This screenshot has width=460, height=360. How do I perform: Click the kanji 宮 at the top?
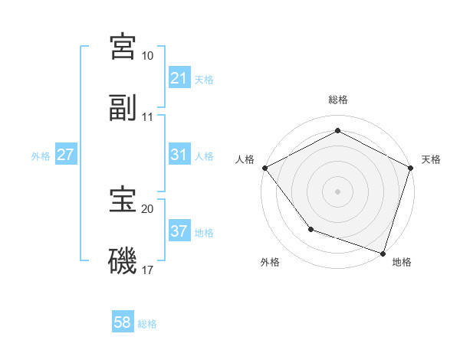pyautogui.click(x=123, y=46)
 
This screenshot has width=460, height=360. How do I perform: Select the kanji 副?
pyautogui.click(x=123, y=109)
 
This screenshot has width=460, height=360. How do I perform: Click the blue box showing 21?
pyautogui.click(x=179, y=78)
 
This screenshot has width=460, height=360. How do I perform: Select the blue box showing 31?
pyautogui.click(x=179, y=155)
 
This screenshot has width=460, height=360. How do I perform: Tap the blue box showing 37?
pyautogui.click(x=179, y=232)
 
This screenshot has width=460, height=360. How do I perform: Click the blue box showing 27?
pyautogui.click(x=66, y=155)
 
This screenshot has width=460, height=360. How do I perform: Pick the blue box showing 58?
pyautogui.click(x=123, y=322)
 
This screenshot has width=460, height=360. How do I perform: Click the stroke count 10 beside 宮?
pyautogui.click(x=148, y=56)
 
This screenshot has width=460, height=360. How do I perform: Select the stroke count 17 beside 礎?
pyautogui.click(x=148, y=270)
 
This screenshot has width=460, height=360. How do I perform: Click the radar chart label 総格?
pyautogui.click(x=338, y=100)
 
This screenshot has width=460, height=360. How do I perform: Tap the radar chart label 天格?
pyautogui.click(x=432, y=159)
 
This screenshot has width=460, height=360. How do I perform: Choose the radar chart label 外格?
pyautogui.click(x=270, y=262)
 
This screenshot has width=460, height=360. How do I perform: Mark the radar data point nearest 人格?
pyautogui.click(x=264, y=167)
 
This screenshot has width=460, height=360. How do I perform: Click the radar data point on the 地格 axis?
pyautogui.click(x=382, y=252)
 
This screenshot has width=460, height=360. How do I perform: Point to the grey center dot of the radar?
pyautogui.click(x=338, y=191)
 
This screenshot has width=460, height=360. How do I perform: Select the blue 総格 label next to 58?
pyautogui.click(x=147, y=323)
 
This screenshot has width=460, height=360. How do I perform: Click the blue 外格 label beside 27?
pyautogui.click(x=41, y=156)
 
